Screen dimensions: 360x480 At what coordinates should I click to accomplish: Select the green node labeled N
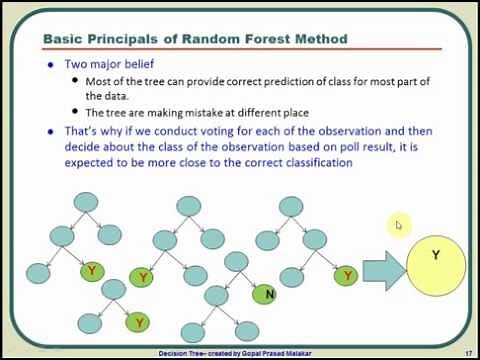click(266, 295)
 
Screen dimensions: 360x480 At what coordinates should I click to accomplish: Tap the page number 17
click(467, 353)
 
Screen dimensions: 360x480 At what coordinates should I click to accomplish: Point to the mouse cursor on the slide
click(398, 225)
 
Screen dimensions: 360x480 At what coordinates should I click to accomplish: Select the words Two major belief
click(103, 63)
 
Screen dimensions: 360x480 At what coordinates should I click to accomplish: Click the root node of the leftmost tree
click(87, 203)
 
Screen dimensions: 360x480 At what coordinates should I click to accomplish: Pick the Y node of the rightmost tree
click(348, 275)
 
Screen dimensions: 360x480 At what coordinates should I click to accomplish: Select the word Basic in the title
click(65, 39)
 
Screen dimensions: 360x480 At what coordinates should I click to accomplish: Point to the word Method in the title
click(319, 39)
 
